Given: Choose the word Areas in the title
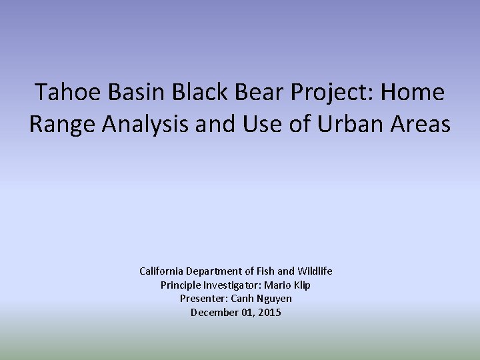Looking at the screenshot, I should [x=421, y=124].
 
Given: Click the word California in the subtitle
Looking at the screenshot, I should [x=163, y=271].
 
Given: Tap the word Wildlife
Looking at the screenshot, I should [x=314, y=271].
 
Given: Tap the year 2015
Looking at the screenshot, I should [x=270, y=313].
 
